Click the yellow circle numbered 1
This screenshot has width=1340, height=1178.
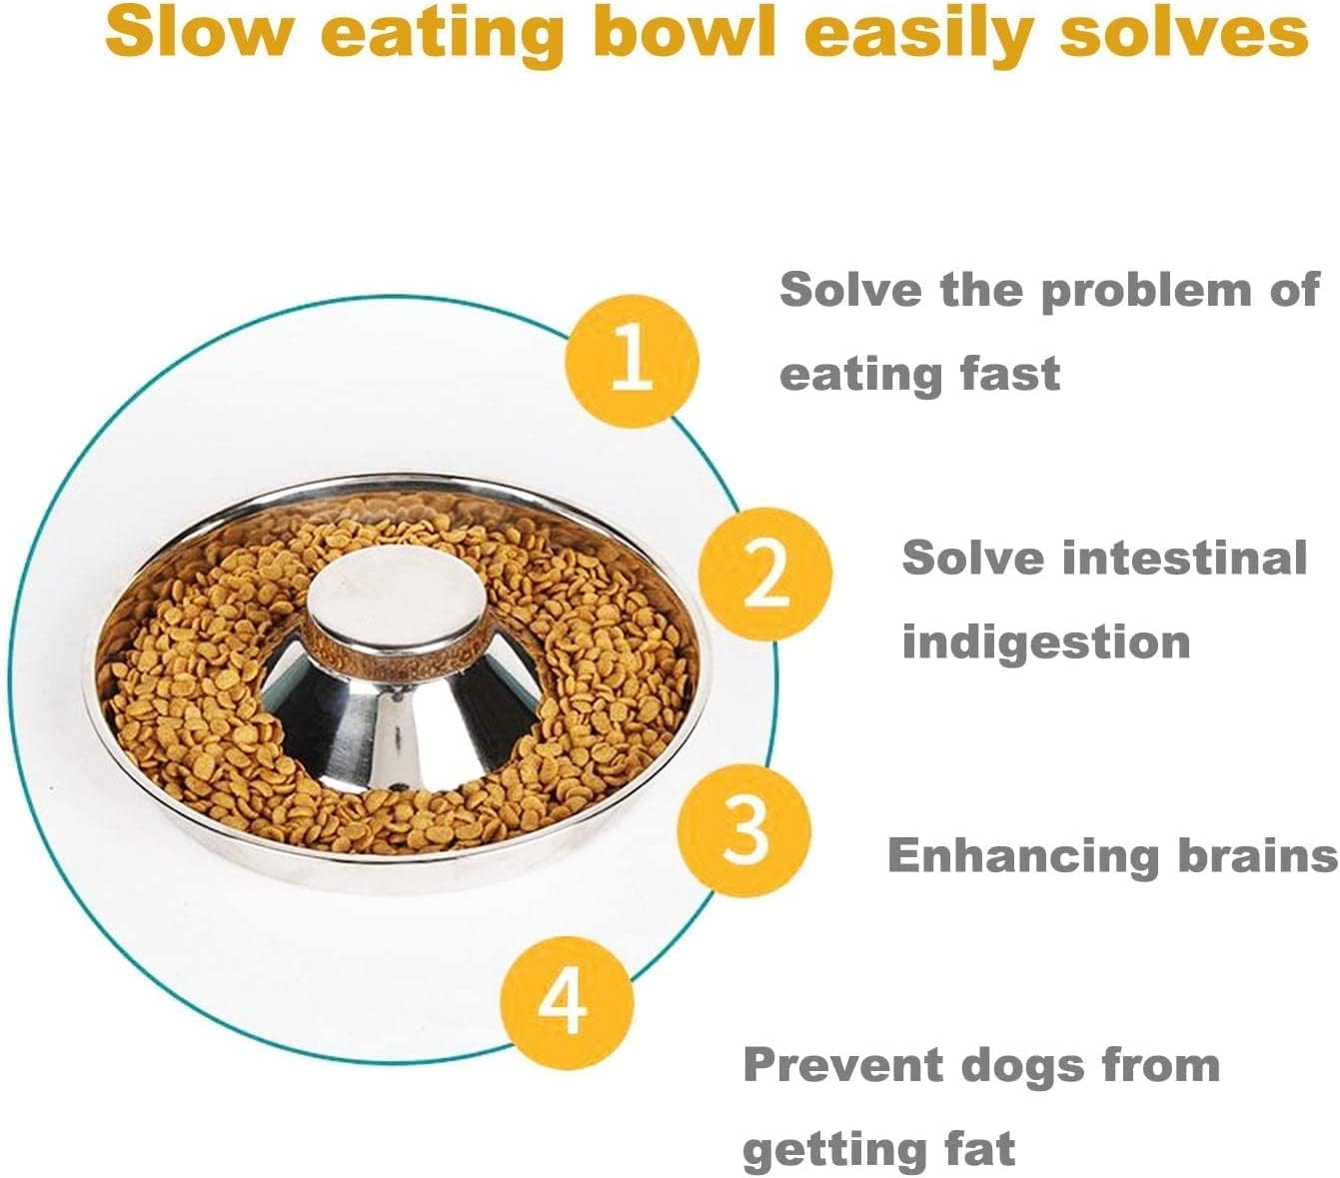(632, 361)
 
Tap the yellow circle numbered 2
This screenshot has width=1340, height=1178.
(765, 574)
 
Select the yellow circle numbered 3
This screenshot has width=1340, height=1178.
(745, 828)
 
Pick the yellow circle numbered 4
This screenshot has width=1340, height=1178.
(567, 1001)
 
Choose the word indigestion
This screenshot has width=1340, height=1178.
(1045, 642)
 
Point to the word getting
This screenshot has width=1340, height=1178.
(835, 1151)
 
